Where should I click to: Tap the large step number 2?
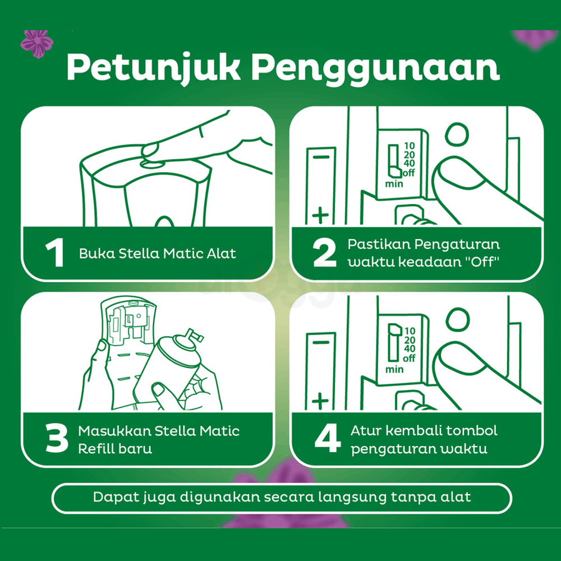point(324,253)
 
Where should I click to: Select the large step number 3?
point(56,439)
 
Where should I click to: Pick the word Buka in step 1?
point(92,253)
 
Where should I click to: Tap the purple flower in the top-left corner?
point(36,43)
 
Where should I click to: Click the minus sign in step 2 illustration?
point(320,158)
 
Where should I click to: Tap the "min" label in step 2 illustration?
point(394,183)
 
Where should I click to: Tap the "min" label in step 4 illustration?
point(394,369)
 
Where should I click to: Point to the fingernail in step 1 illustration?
point(150,150)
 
